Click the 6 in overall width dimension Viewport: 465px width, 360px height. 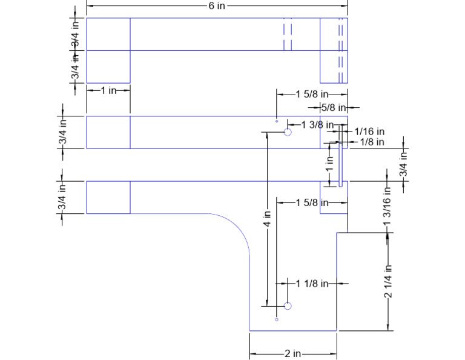click(x=217, y=5)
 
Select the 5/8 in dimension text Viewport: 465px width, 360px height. click(x=333, y=107)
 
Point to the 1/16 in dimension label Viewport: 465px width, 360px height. click(x=369, y=132)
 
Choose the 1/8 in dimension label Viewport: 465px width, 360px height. click(x=371, y=142)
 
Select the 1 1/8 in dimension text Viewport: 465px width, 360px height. click(x=312, y=283)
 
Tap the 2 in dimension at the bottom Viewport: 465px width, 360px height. click(x=293, y=353)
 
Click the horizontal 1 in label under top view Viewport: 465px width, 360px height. click(x=108, y=90)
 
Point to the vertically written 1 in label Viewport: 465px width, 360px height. click(x=330, y=164)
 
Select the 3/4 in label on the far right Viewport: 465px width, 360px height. click(x=403, y=164)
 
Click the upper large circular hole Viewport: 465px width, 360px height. click(x=288, y=132)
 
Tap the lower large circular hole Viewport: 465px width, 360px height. click(x=288, y=306)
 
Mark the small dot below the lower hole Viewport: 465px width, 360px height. click(x=277, y=319)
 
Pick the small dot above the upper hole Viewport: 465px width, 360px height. click(x=277, y=121)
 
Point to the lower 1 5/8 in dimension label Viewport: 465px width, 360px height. click(x=312, y=202)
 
